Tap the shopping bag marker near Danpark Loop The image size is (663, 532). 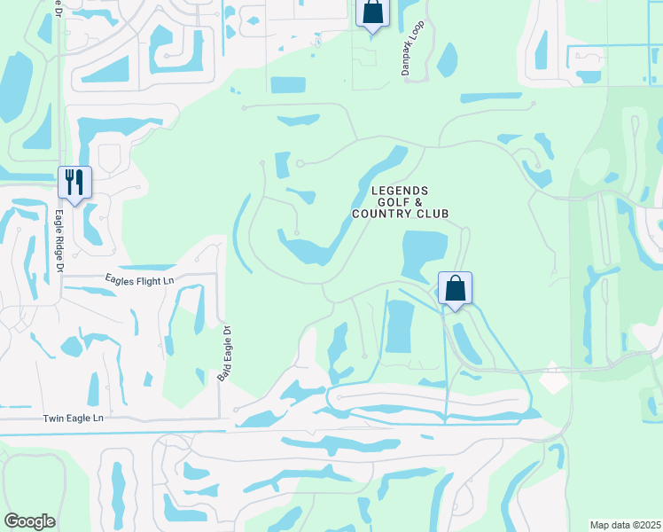pos(372,12)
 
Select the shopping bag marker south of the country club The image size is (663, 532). pos(455,288)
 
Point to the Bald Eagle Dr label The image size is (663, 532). pos(224,353)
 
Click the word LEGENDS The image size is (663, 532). pos(400,191)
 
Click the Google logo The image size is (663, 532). pos(29,521)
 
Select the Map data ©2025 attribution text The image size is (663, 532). pos(626,525)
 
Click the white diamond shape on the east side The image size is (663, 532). pos(553,378)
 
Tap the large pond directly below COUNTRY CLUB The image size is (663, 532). pos(425,254)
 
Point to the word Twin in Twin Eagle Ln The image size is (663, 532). pos(56,418)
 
